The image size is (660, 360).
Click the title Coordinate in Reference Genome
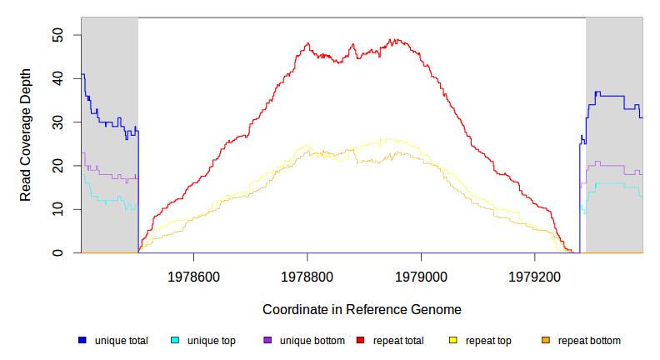(362, 309)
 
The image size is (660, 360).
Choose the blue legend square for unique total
(82, 341)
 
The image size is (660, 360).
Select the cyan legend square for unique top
(175, 341)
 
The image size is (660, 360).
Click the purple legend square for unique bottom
(267, 341)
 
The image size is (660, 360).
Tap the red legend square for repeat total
(360, 341)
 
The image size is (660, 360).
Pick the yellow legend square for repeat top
(452, 341)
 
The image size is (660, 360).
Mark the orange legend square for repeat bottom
(546, 341)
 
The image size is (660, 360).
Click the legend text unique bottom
(307, 341)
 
